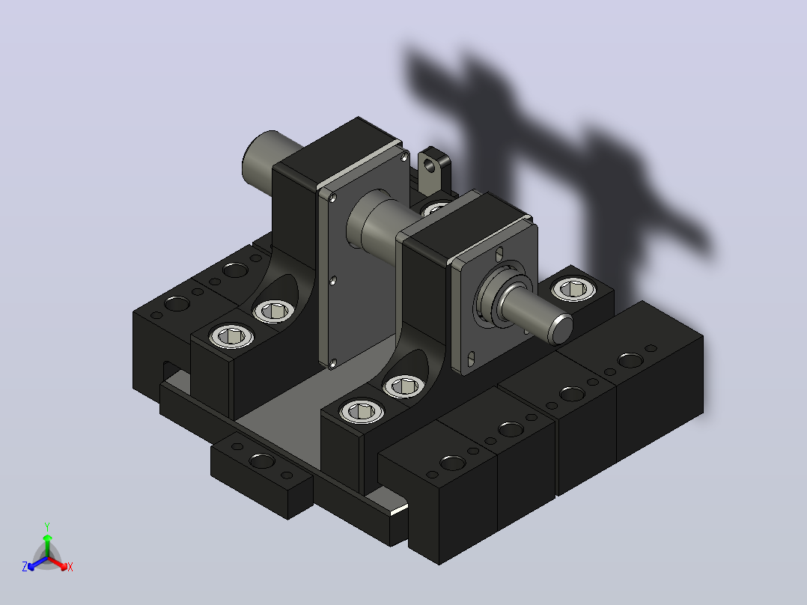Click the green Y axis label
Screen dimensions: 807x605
[x=47, y=526]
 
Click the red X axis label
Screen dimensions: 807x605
[x=70, y=567]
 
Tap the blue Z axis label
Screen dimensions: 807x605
[x=25, y=566]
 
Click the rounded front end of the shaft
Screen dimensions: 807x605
[x=560, y=329]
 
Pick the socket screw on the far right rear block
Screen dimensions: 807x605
[x=573, y=289]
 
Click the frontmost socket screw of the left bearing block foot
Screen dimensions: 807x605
[x=231, y=336]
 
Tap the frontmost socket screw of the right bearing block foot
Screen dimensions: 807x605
[x=362, y=411]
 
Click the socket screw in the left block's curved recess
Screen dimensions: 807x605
[x=274, y=311]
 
